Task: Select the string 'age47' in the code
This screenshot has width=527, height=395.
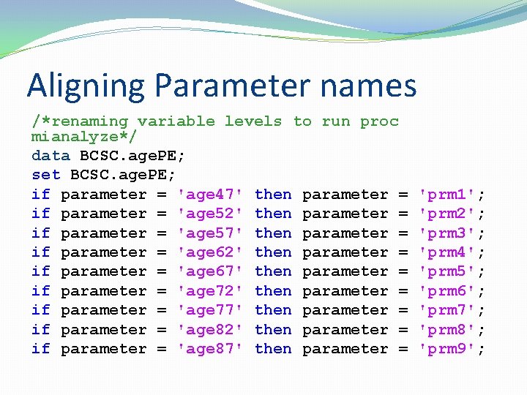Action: click(x=210, y=195)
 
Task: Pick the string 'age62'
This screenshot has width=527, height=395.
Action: click(x=210, y=252)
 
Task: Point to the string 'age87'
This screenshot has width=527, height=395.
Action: click(x=210, y=349)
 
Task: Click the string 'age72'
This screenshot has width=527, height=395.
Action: click(x=210, y=291)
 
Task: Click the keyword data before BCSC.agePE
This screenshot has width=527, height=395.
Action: click(x=51, y=156)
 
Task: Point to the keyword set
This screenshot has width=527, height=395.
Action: click(x=45, y=175)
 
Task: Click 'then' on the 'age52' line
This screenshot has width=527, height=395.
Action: click(x=273, y=214)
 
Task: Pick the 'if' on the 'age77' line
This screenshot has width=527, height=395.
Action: click(x=41, y=310)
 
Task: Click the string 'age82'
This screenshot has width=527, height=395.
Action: click(x=210, y=330)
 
